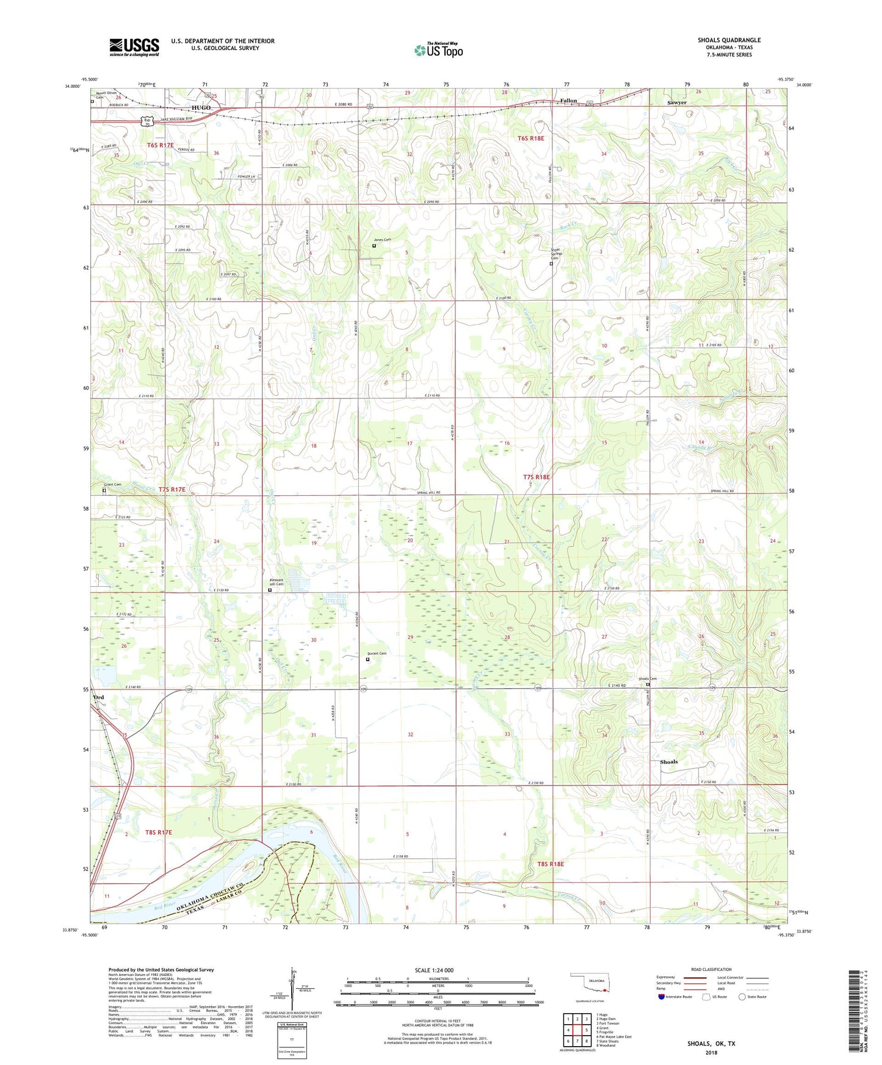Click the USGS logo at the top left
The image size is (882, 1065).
(x=134, y=47)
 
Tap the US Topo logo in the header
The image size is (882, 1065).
(x=438, y=50)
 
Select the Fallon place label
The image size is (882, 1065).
(x=568, y=101)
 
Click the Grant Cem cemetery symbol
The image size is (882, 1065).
(x=104, y=490)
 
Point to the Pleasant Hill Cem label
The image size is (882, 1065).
(x=277, y=582)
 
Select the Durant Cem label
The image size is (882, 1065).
(x=376, y=653)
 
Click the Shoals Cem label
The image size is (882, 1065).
(x=647, y=679)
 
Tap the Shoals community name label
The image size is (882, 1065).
(x=668, y=762)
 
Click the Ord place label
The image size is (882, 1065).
(x=98, y=697)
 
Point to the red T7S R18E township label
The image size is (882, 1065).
(x=537, y=477)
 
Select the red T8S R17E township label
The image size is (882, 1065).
(x=159, y=832)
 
